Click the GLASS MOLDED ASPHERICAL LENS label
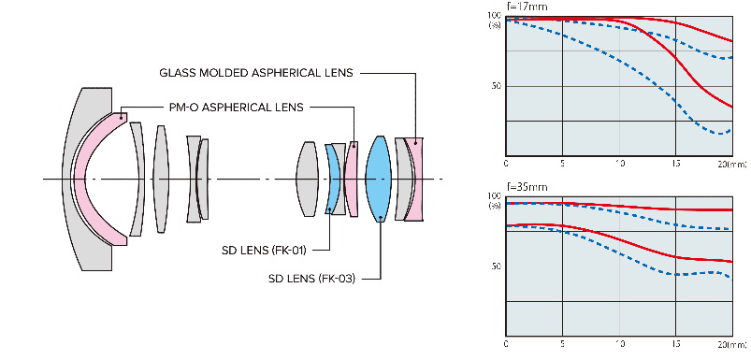pyautogui.click(x=255, y=73)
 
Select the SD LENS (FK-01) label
pyautogui.click(x=264, y=250)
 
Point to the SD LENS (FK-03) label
pyautogui.click(x=312, y=278)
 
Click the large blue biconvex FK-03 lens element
pyautogui.click(x=379, y=179)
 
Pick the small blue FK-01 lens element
pyautogui.click(x=331, y=179)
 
